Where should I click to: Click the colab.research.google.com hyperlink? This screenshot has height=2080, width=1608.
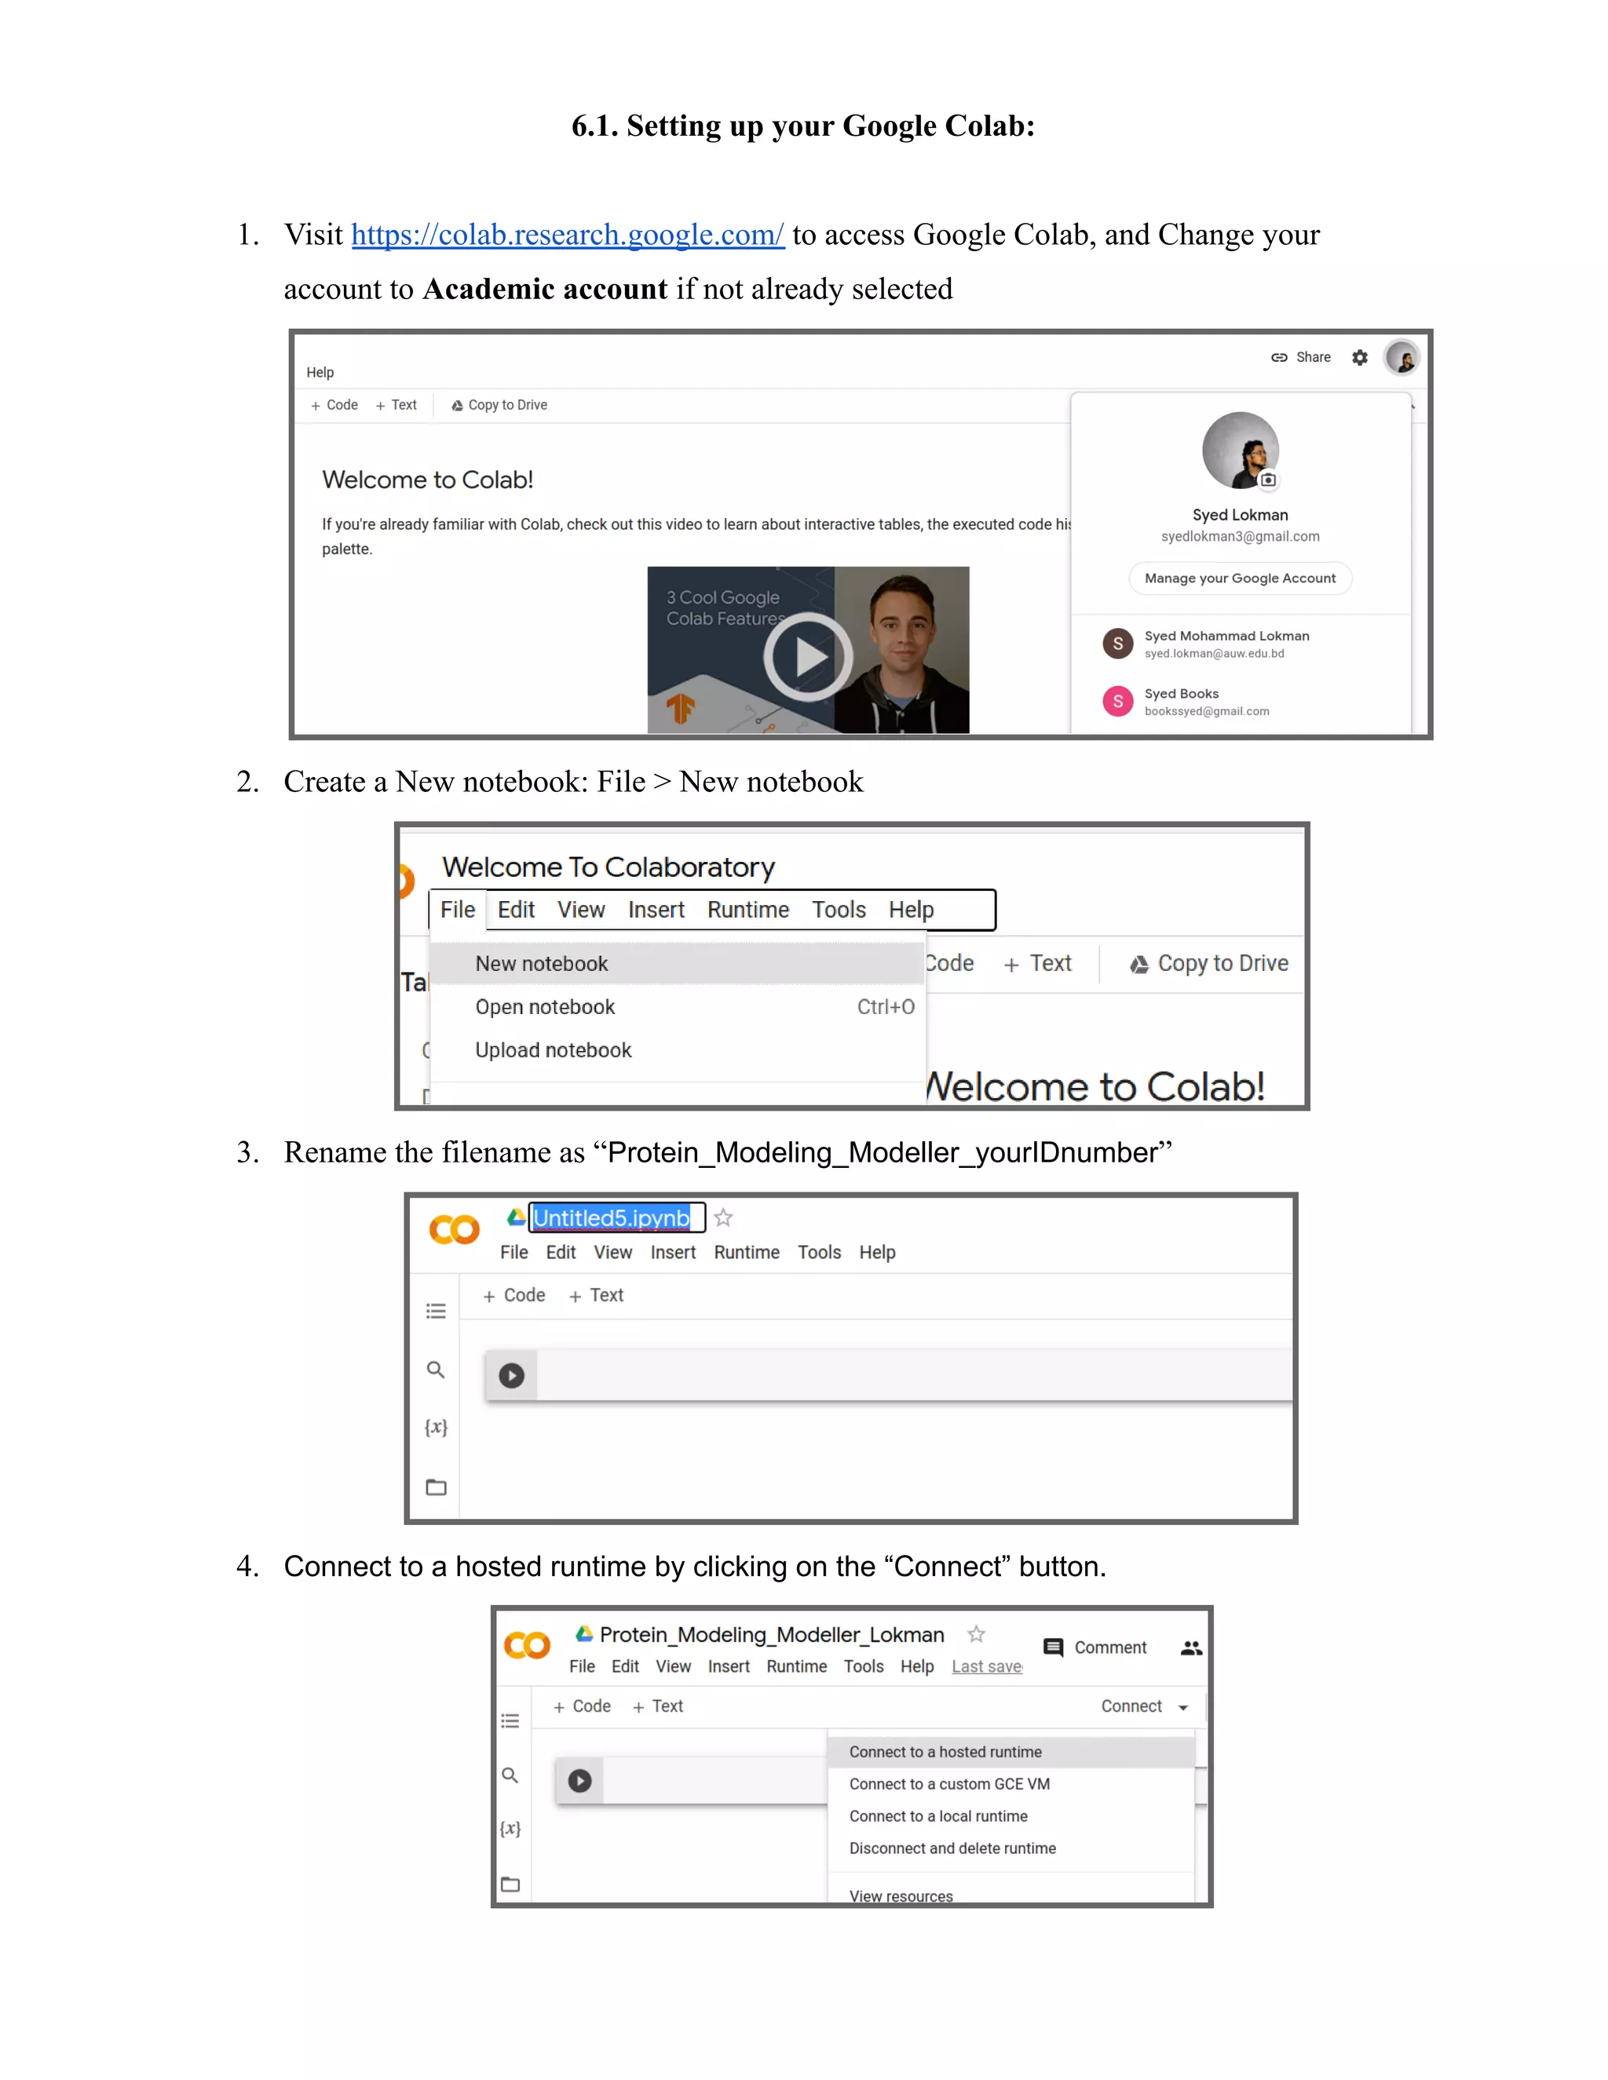[568, 234]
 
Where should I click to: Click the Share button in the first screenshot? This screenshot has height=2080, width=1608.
[1300, 357]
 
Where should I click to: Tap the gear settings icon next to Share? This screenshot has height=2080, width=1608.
[1359, 357]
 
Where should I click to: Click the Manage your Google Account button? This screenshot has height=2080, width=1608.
[1239, 578]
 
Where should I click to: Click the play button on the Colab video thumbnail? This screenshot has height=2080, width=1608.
[808, 656]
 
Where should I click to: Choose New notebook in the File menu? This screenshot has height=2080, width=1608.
[541, 964]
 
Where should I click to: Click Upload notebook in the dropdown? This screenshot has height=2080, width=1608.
[553, 1049]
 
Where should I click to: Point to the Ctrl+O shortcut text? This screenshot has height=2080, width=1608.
[885, 1007]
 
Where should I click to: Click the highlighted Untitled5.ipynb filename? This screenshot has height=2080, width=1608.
[611, 1218]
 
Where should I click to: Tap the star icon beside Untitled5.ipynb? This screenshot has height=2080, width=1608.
[723, 1218]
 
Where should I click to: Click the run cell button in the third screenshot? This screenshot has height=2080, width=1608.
[512, 1375]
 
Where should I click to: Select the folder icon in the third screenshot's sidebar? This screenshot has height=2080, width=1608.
[437, 1487]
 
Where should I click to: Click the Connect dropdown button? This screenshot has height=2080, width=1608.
[1144, 1706]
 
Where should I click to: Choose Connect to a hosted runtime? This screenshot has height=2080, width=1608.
[945, 1751]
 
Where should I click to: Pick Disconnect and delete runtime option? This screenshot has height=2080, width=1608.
[952, 1848]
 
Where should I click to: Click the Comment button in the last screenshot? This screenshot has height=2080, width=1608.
[1095, 1648]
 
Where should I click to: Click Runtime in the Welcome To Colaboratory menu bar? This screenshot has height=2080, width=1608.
[747, 910]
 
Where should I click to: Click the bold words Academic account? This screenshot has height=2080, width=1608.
[545, 289]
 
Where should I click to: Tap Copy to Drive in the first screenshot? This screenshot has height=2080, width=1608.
[499, 405]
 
